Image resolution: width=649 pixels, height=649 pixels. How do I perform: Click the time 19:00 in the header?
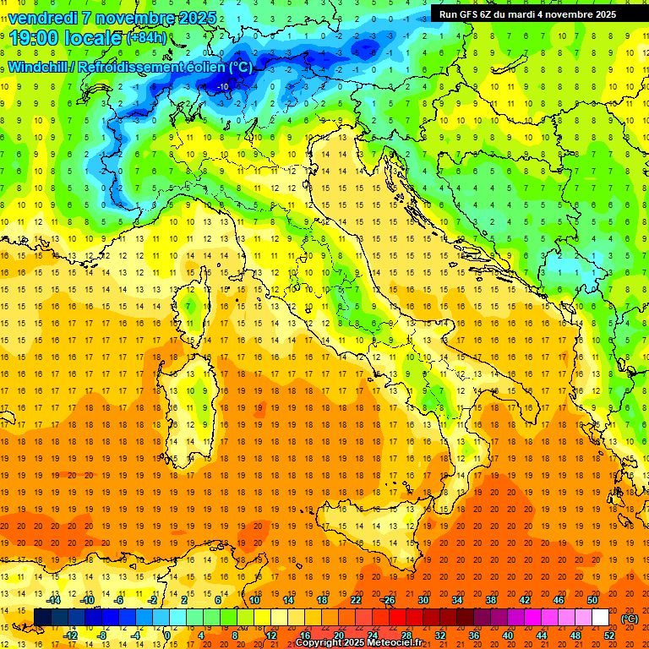(35, 37)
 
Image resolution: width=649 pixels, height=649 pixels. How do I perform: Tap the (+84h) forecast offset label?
(146, 38)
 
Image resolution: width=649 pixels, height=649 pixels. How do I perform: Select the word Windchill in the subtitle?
(38, 67)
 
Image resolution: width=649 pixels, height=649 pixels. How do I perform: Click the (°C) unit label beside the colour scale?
(630, 619)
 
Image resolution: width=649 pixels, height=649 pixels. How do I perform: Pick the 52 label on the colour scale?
(609, 635)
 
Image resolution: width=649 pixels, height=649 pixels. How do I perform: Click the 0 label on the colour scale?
(166, 635)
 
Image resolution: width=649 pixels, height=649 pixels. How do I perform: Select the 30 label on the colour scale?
(423, 600)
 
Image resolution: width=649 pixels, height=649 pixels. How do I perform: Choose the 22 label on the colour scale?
(355, 600)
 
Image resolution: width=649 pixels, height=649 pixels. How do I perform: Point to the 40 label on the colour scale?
(507, 635)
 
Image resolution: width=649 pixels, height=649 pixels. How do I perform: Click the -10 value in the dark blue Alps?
(223, 86)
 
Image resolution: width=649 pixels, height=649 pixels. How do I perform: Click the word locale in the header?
(94, 37)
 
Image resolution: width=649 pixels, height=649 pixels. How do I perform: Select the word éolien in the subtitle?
(204, 67)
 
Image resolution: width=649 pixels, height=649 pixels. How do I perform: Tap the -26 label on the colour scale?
(388, 600)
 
